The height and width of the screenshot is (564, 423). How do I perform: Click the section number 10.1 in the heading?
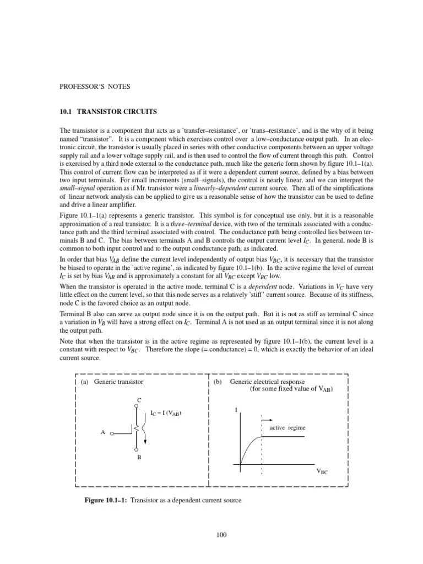[x=66, y=112]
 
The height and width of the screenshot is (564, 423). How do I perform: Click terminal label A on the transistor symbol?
[x=102, y=433]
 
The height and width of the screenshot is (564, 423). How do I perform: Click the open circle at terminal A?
[x=111, y=433]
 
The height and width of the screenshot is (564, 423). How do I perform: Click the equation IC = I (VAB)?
[x=166, y=413]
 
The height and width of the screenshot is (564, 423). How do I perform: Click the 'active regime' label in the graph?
[x=287, y=427]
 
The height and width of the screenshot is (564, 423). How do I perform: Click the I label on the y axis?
[x=236, y=410]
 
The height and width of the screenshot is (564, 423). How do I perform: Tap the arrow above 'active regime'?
[x=266, y=419]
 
